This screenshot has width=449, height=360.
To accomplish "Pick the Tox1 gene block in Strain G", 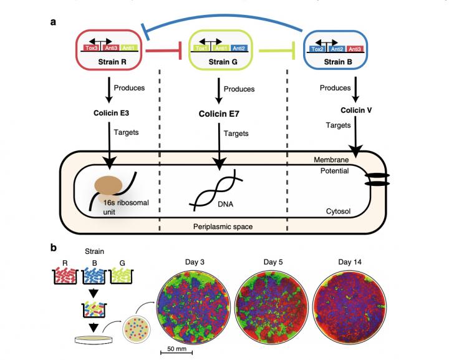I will (201, 47).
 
